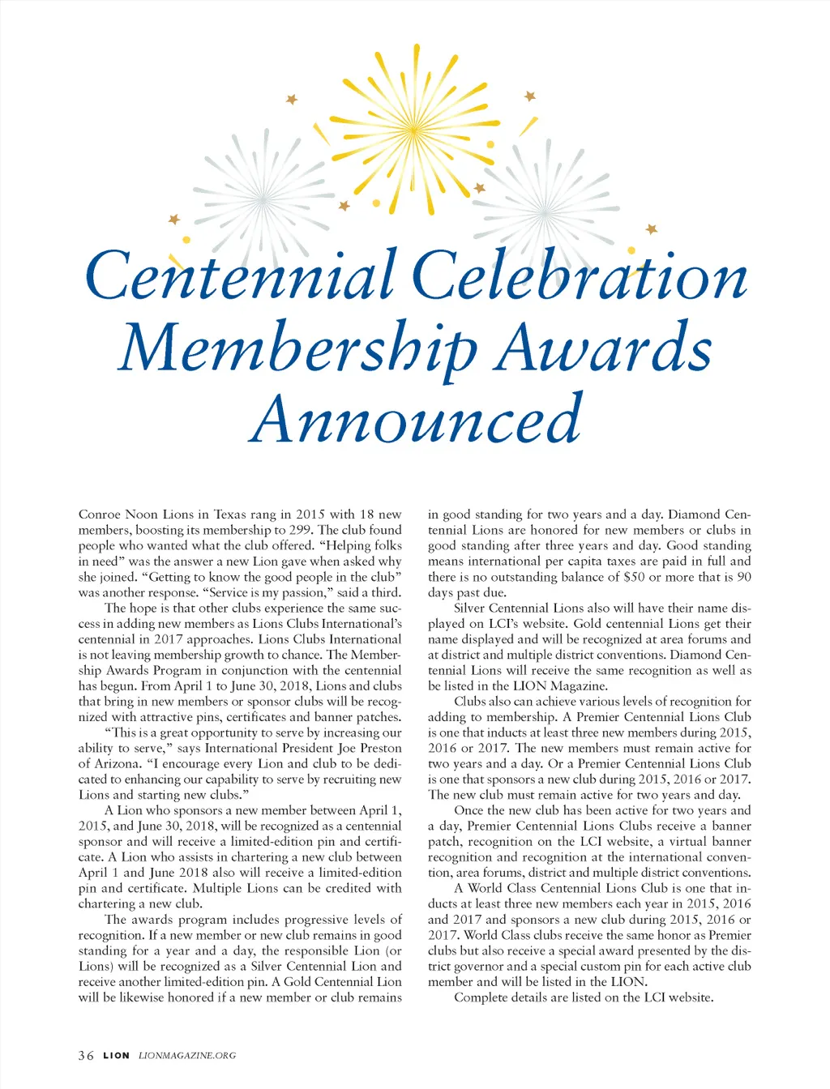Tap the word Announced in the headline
415,420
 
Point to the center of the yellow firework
413,129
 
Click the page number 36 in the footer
85,1055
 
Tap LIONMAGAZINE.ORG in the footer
187,1055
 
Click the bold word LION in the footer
116,1055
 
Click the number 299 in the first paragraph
300,530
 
